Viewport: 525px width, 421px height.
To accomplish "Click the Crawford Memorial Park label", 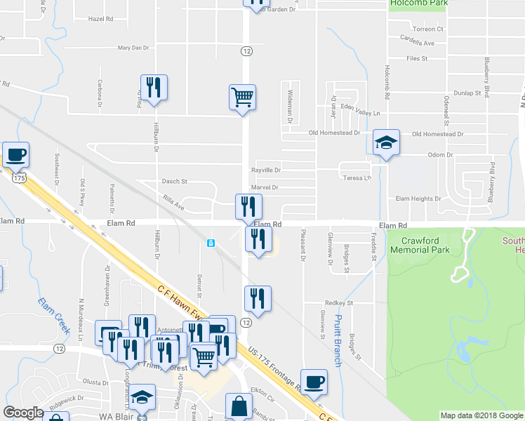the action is (x=419, y=244).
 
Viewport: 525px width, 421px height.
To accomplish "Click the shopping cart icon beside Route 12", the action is (x=242, y=97).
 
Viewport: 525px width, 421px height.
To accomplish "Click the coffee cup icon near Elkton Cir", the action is (x=314, y=382).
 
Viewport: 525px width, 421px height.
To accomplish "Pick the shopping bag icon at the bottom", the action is (x=239, y=406).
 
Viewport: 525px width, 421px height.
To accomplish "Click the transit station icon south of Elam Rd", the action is (x=211, y=243).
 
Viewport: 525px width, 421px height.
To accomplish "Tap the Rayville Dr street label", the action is (x=266, y=171).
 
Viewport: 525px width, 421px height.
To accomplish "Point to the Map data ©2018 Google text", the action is (x=481, y=415).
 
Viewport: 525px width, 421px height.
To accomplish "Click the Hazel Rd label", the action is (x=100, y=19).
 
